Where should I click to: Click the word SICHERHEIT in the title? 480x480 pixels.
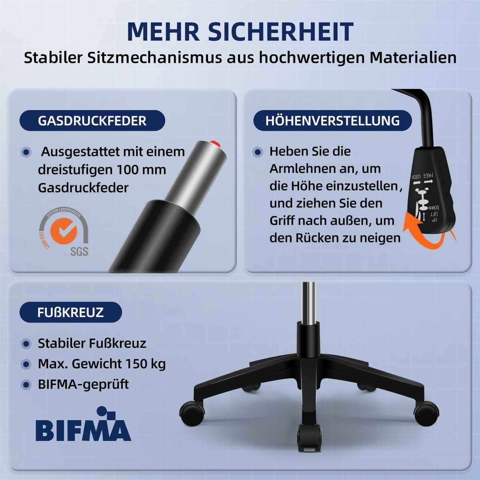click(281, 32)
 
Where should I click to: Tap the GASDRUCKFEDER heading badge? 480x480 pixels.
click(92, 121)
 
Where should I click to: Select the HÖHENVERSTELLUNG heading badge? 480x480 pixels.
click(332, 121)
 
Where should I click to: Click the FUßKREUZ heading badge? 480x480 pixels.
click(70, 312)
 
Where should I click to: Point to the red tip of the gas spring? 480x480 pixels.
click(215, 143)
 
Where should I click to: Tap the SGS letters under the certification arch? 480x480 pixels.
click(79, 252)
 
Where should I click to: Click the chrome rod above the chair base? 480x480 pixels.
click(308, 302)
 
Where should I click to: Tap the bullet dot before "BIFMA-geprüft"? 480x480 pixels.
click(26, 385)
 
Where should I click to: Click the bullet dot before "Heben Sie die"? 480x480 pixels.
click(258, 152)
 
